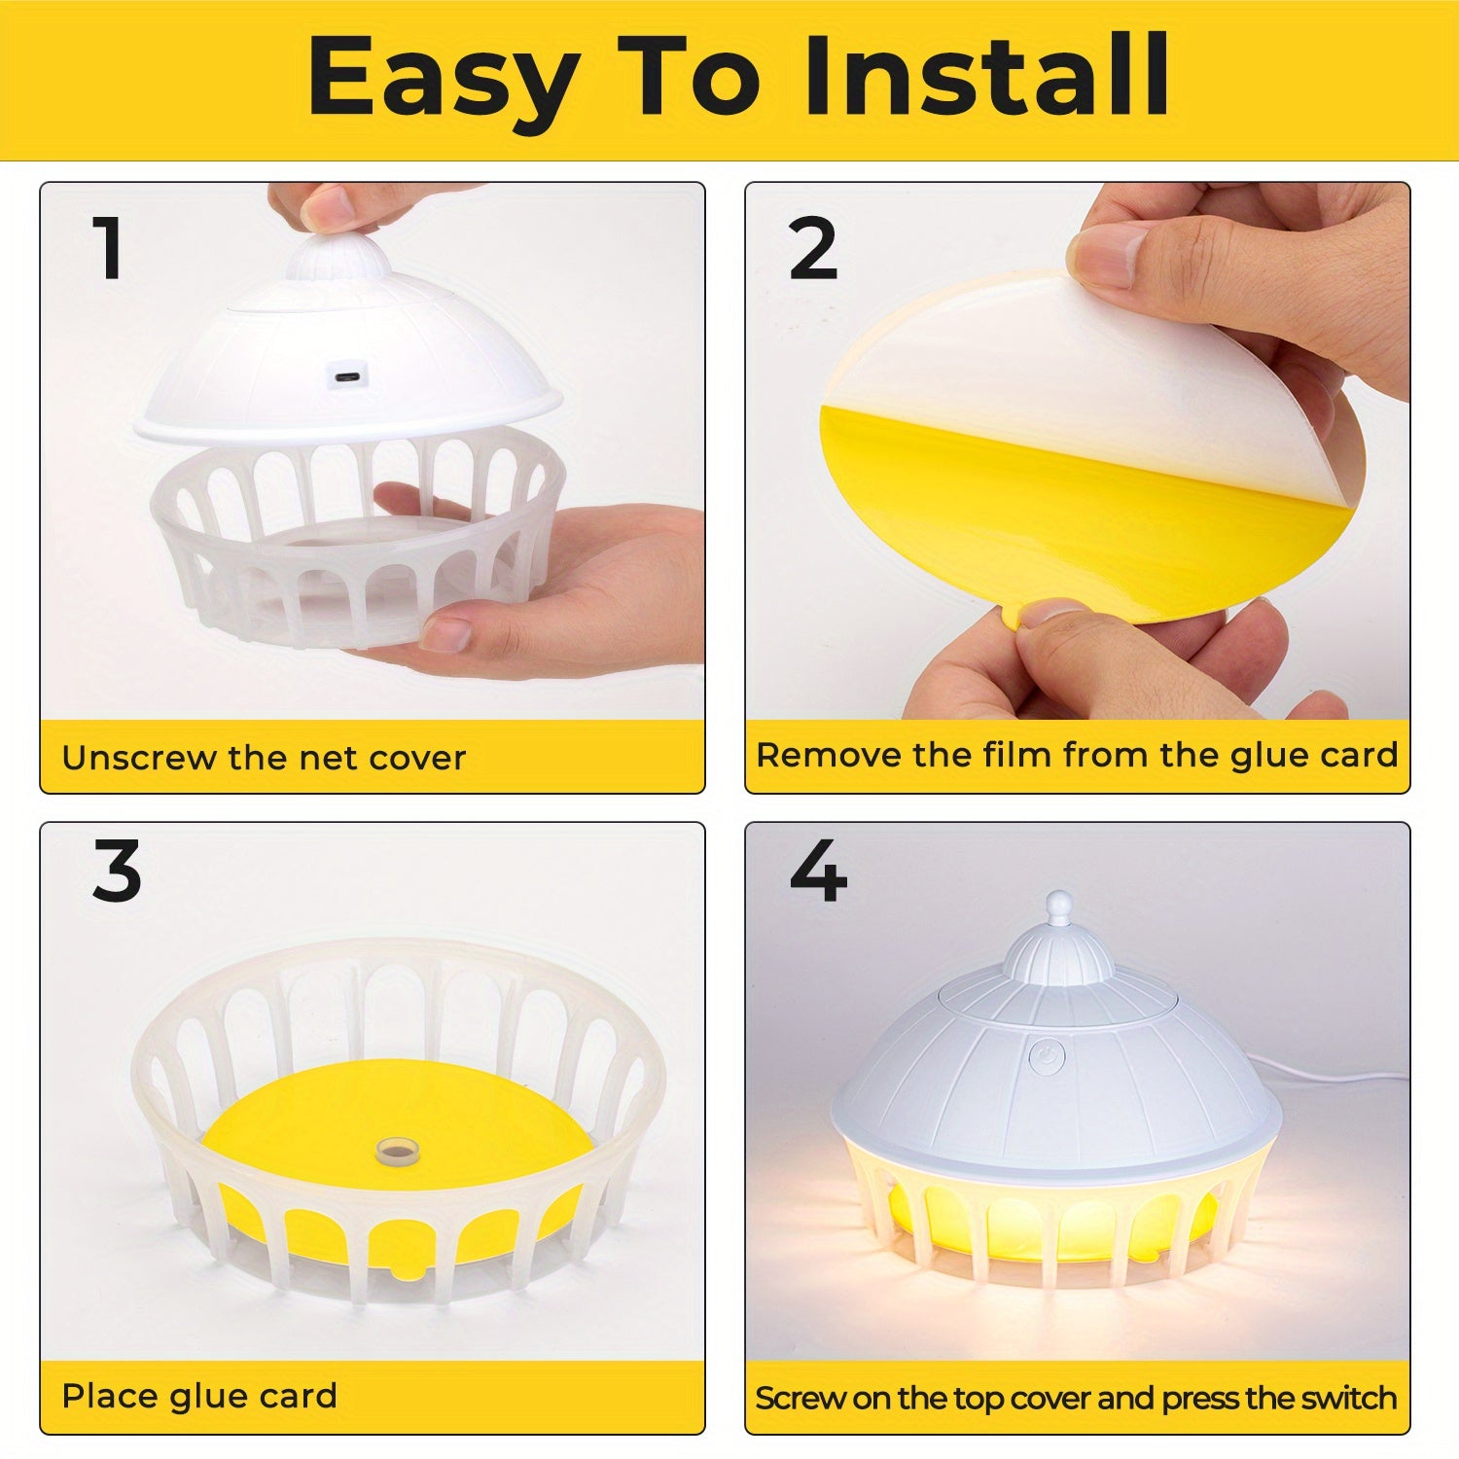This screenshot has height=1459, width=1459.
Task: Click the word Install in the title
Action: [x=986, y=76]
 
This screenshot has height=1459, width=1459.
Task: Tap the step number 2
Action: [x=813, y=249]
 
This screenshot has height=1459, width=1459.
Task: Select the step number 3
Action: [x=117, y=872]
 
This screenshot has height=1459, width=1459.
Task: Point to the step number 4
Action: [x=817, y=872]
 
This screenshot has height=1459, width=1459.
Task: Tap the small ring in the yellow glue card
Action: [x=394, y=1151]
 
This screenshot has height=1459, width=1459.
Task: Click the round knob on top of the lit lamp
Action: [x=1058, y=905]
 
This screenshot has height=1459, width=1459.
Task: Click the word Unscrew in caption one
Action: [x=138, y=757]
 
